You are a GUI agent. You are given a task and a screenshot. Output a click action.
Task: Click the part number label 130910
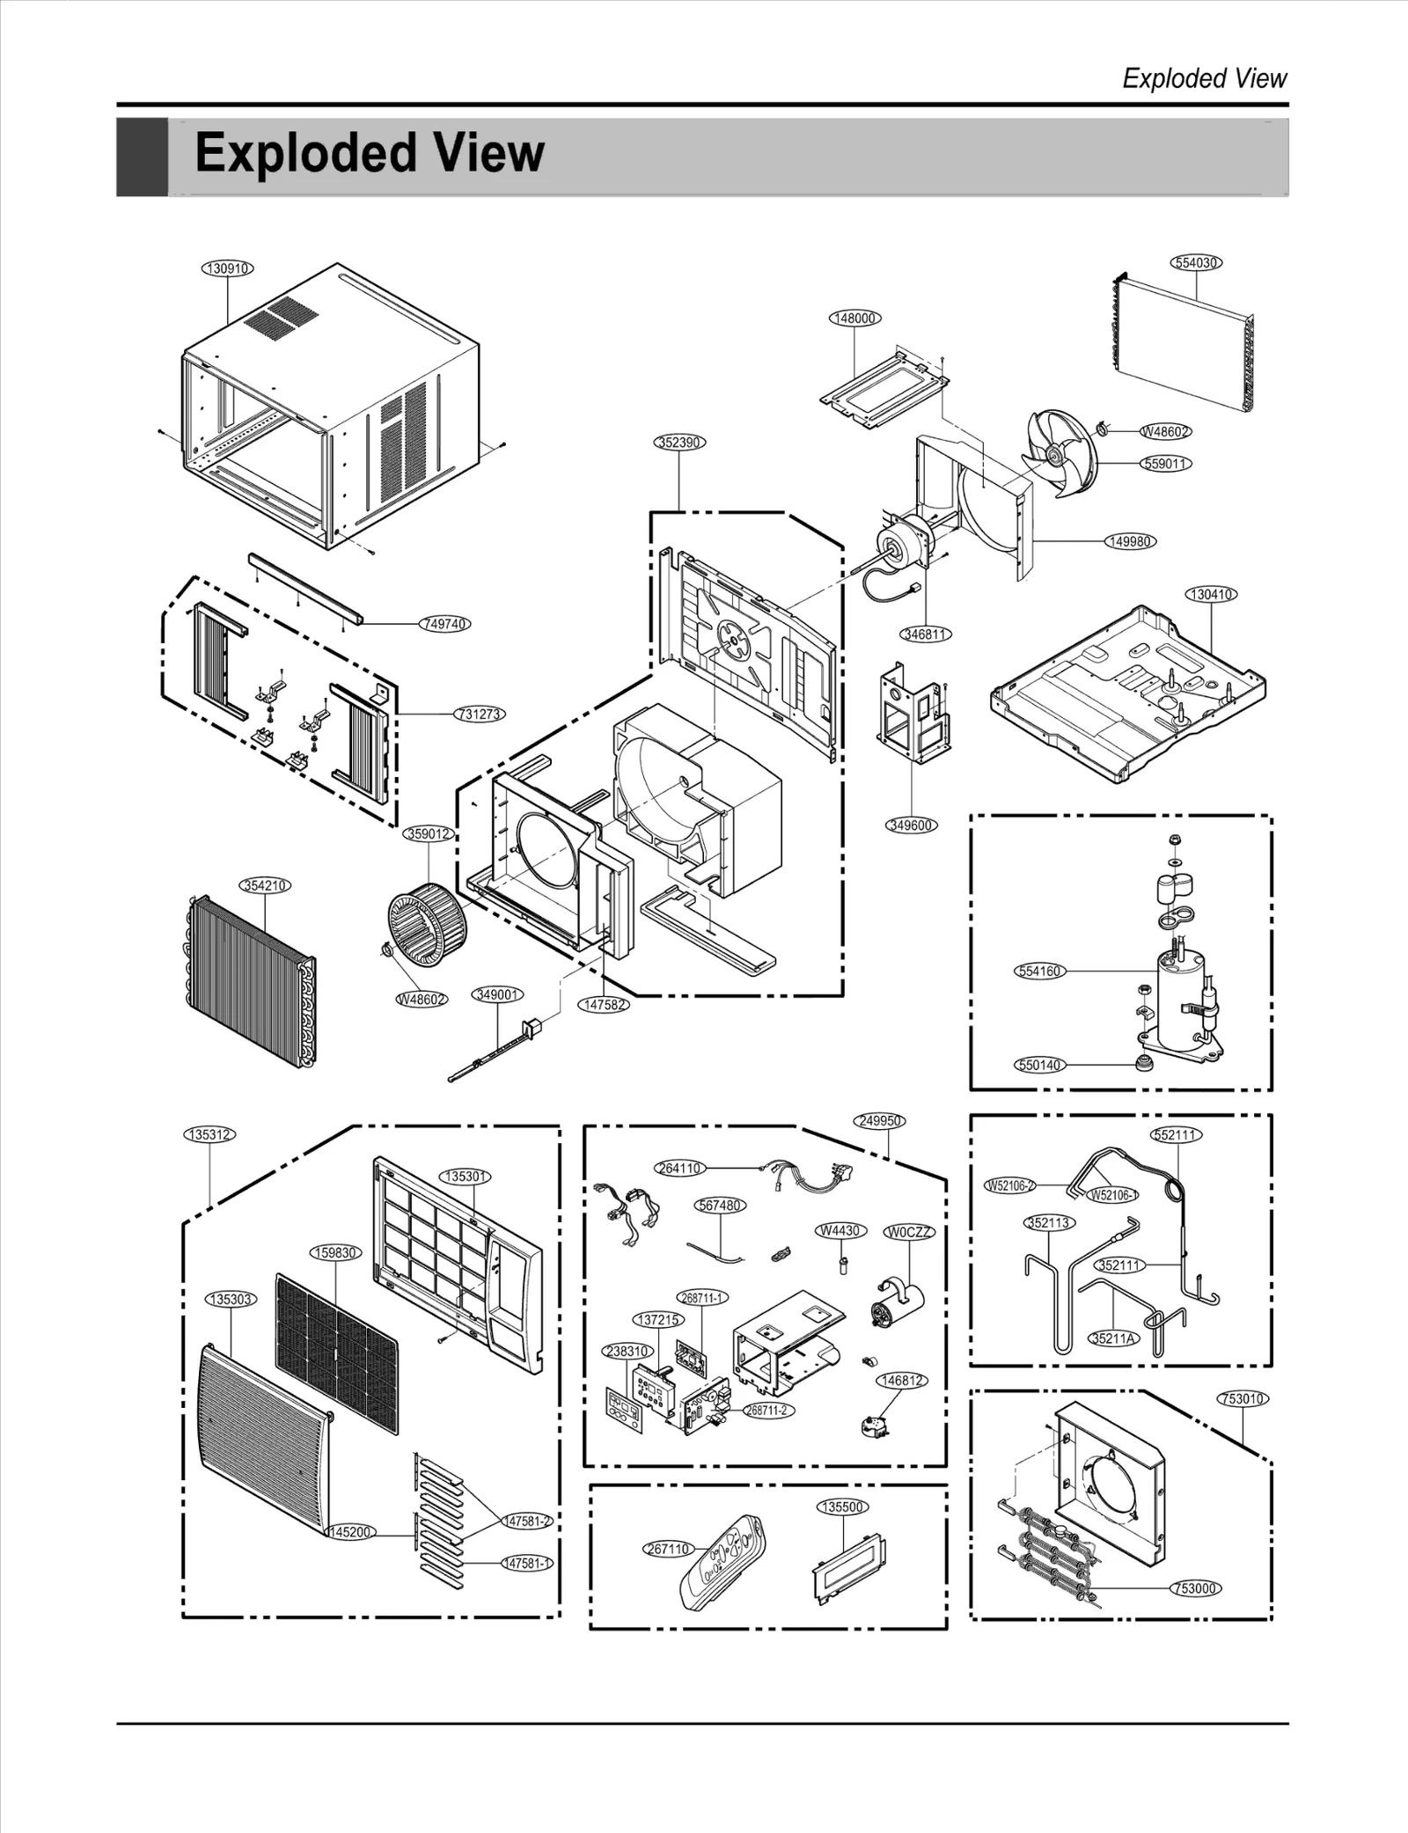pyautogui.click(x=228, y=268)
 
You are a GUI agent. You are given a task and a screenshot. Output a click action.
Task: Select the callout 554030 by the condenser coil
pyautogui.click(x=1197, y=263)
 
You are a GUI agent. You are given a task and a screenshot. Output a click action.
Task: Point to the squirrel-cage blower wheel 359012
pyautogui.click(x=429, y=920)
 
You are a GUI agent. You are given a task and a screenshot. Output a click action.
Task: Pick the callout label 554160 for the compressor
pyautogui.click(x=1040, y=971)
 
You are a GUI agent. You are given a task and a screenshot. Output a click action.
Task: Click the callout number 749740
pyautogui.click(x=444, y=624)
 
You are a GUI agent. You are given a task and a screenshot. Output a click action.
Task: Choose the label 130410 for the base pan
pyautogui.click(x=1212, y=595)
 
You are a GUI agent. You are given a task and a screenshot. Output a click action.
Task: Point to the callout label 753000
pyautogui.click(x=1196, y=1588)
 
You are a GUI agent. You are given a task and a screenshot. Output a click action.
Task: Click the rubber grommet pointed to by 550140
pyautogui.click(x=1145, y=1063)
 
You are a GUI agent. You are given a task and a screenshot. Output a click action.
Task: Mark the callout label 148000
pyautogui.click(x=854, y=319)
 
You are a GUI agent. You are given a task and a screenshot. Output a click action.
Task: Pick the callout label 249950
pyautogui.click(x=879, y=1121)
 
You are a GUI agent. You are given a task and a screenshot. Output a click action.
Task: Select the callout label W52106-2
pyautogui.click(x=1009, y=1185)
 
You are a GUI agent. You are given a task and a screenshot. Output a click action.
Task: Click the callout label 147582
pyautogui.click(x=605, y=1004)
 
